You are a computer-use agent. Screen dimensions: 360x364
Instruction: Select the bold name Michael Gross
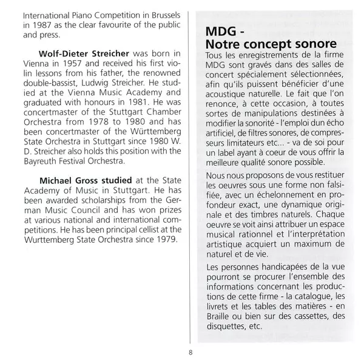pos(81,180)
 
